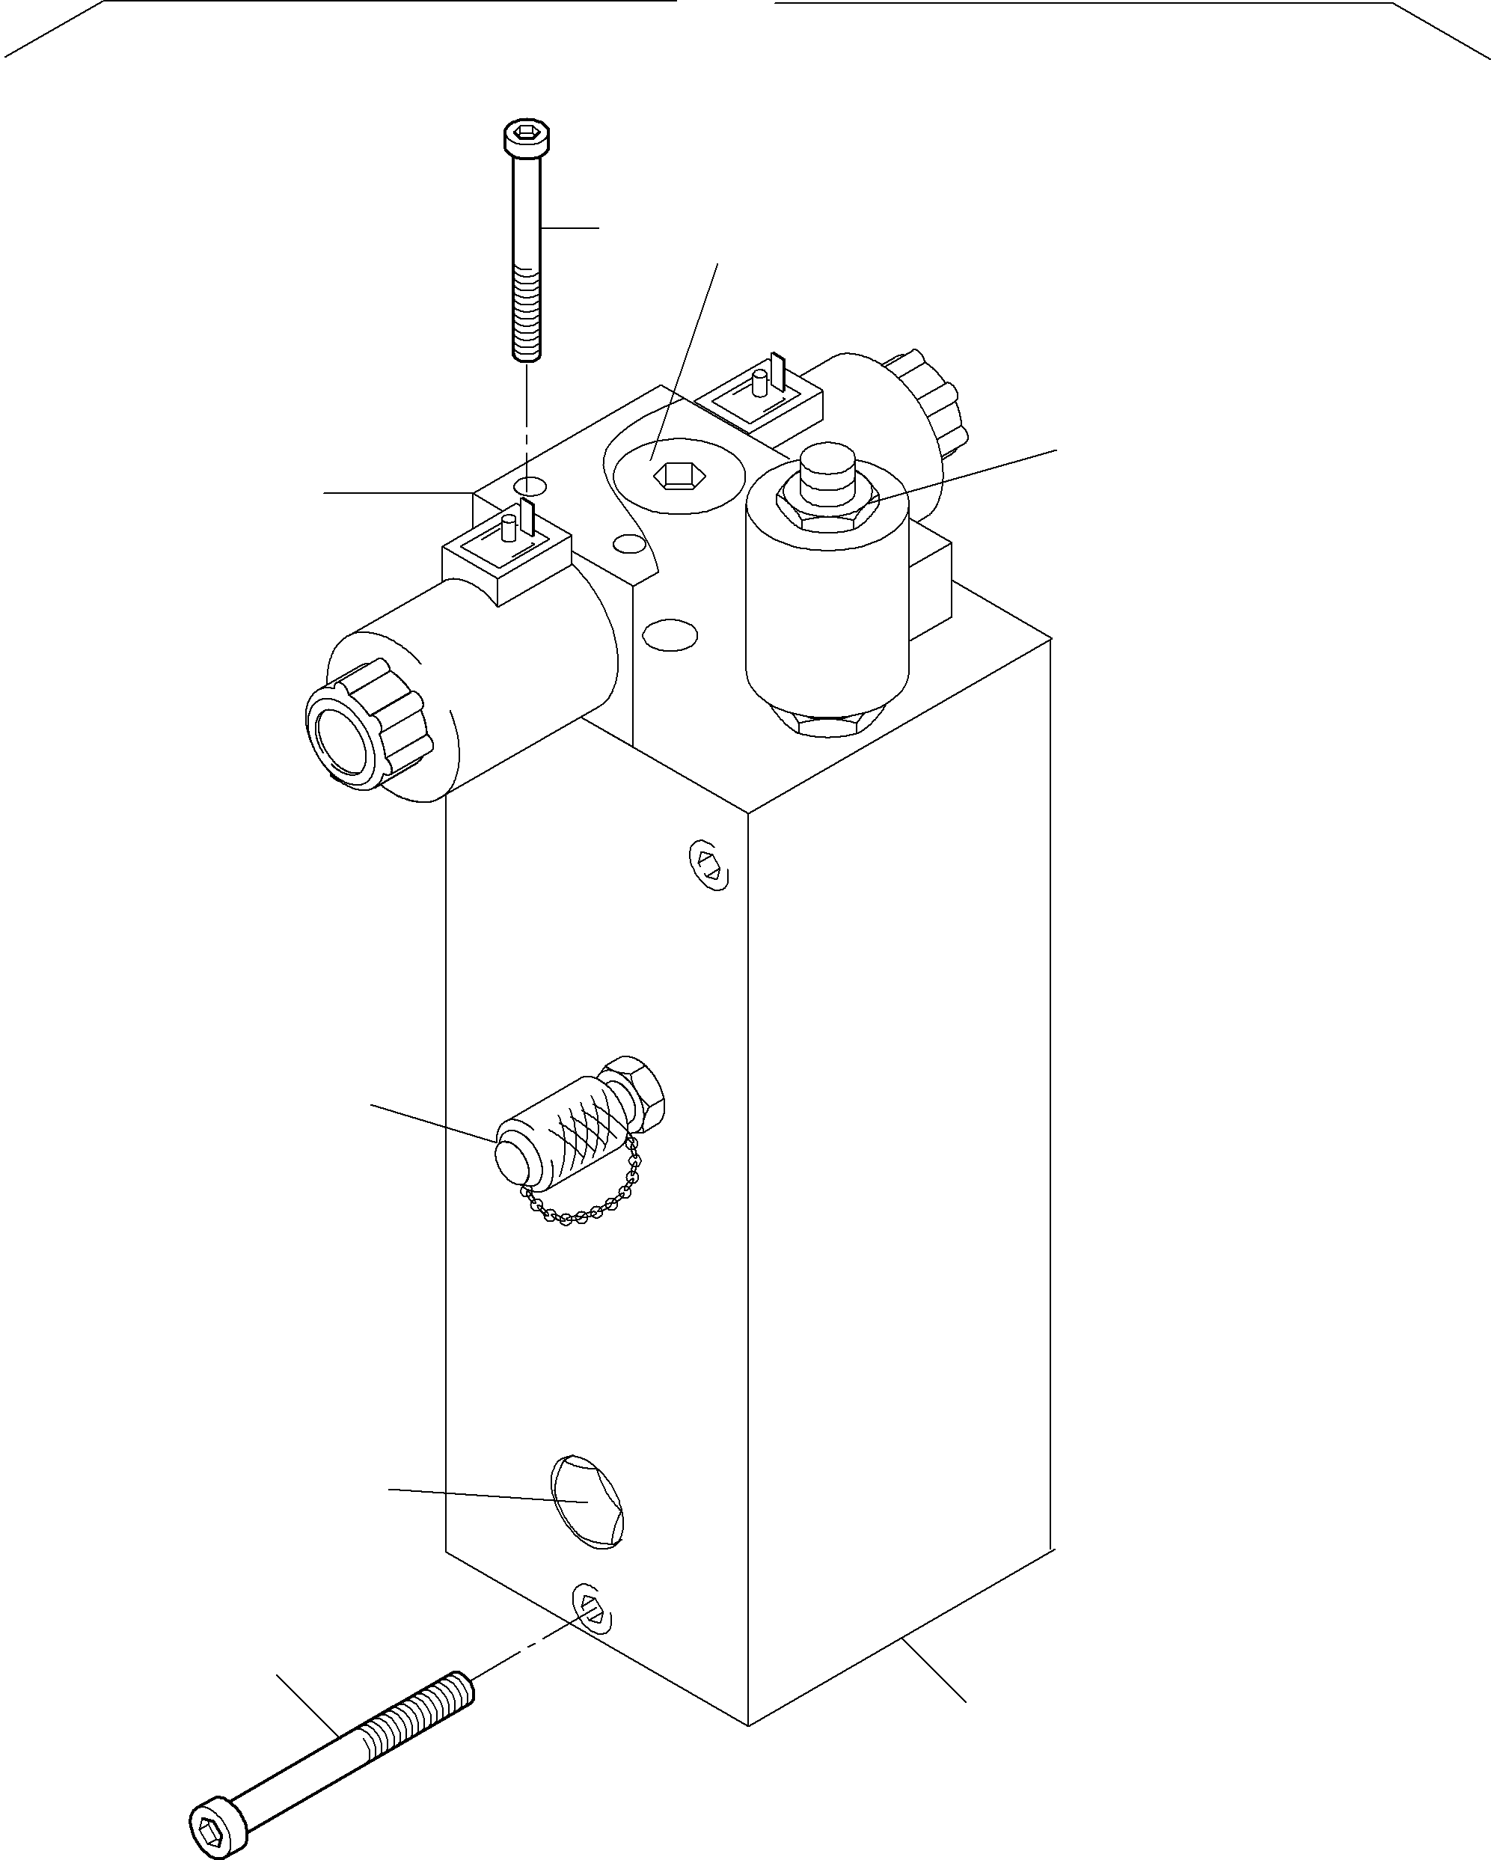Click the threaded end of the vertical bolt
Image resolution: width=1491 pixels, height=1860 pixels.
click(x=527, y=315)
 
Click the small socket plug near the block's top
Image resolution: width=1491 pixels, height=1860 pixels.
click(x=709, y=863)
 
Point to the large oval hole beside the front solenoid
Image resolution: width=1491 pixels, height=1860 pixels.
click(x=670, y=635)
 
